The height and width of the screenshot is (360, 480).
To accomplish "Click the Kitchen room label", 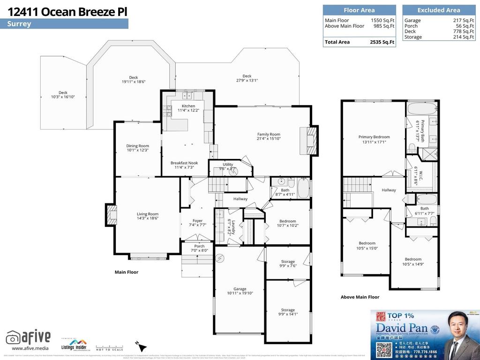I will [188, 106].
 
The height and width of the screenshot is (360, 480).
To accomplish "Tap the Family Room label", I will [268, 135].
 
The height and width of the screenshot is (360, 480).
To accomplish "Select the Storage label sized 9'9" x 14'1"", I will [288, 310].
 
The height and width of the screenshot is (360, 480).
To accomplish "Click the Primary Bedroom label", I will [374, 137].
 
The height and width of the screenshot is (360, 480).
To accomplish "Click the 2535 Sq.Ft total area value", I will [382, 42].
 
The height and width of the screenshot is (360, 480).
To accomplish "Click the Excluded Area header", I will [438, 10].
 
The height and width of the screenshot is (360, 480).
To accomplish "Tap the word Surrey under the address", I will [19, 24].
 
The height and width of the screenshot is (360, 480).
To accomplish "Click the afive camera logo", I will [13, 337].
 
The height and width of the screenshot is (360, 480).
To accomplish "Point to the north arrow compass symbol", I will [138, 345].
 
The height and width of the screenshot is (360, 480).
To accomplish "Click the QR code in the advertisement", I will [383, 349].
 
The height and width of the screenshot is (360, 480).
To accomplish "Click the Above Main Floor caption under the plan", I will [360, 297].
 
